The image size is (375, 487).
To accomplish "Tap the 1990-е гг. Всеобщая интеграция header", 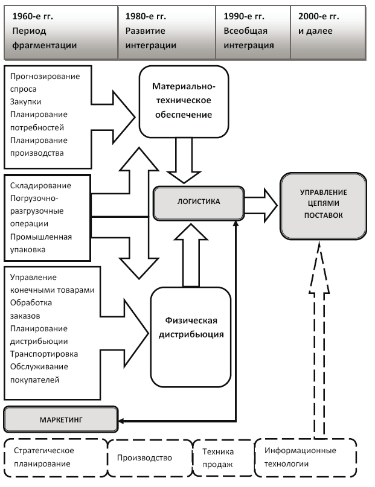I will coord(252,30).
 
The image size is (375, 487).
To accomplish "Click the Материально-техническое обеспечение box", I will coord(184,101).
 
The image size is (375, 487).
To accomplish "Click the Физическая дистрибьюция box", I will coord(191,326).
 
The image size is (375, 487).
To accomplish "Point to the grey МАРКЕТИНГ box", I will coord(60,418).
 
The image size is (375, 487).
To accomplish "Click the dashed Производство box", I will coord(149,457).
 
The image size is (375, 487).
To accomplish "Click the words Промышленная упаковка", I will coord(41,243).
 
